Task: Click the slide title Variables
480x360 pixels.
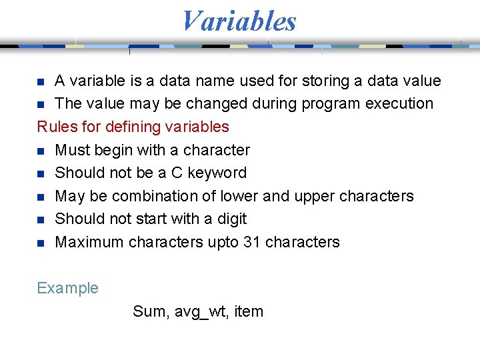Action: pyautogui.click(x=239, y=21)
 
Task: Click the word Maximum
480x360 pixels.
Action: pyautogui.click(x=89, y=242)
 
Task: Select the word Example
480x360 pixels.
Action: pyautogui.click(x=67, y=289)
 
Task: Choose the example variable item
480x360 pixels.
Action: pyautogui.click(x=249, y=311)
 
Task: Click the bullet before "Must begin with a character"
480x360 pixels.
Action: pyautogui.click(x=41, y=151)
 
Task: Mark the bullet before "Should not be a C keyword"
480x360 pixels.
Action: pyautogui.click(x=41, y=173)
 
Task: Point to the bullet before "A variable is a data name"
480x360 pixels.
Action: pyautogui.click(x=41, y=81)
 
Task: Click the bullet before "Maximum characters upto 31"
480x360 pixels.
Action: pyautogui.click(x=41, y=243)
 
